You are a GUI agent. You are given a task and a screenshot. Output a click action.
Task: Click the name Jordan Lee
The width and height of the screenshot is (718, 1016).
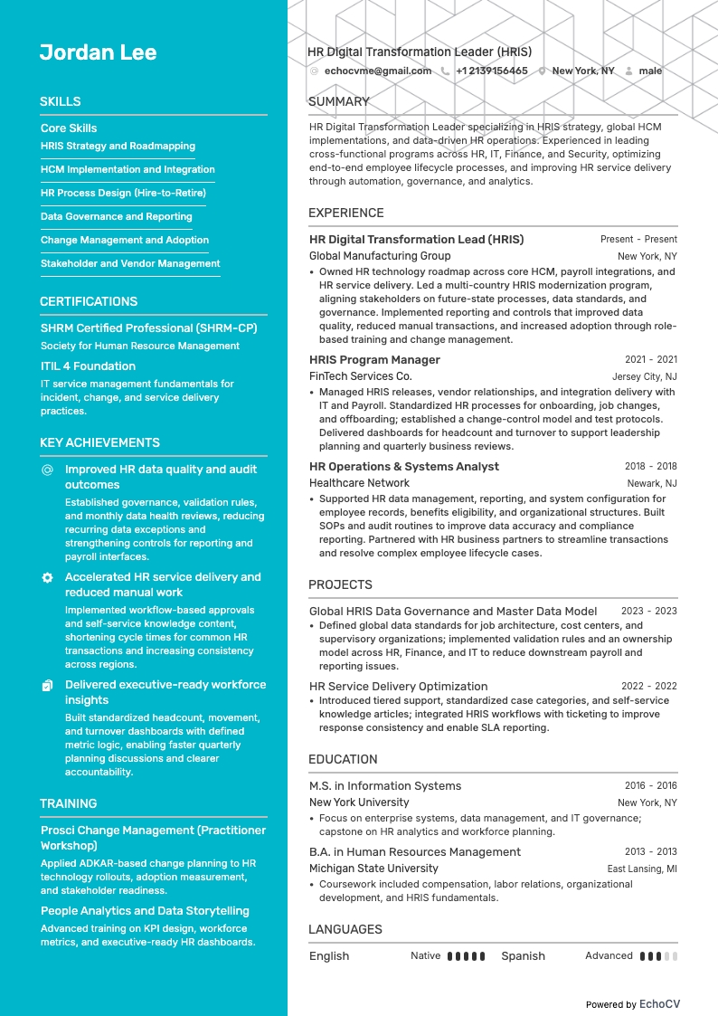tap(98, 52)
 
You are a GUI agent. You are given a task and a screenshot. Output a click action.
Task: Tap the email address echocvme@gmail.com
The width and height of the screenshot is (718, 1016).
tap(377, 71)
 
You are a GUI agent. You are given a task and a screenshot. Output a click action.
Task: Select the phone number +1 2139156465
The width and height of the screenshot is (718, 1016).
tap(491, 71)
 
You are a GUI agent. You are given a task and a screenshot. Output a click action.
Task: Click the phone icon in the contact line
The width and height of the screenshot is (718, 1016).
tap(445, 71)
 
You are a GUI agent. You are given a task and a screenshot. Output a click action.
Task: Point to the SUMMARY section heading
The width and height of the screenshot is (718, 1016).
tap(338, 101)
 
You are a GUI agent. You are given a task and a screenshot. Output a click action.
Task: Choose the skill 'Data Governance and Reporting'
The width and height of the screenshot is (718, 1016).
tap(116, 216)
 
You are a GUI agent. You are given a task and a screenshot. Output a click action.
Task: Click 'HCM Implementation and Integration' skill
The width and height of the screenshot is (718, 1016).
tap(128, 169)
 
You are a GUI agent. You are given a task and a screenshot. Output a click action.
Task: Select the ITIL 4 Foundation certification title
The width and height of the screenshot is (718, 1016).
tap(88, 366)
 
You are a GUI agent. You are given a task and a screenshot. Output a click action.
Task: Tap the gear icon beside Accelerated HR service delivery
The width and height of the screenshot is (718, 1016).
tap(47, 577)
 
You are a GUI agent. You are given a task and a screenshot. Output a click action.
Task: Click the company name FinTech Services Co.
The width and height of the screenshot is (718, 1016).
tap(360, 376)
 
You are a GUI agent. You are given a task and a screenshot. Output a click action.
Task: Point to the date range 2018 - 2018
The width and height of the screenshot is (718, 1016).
tap(650, 467)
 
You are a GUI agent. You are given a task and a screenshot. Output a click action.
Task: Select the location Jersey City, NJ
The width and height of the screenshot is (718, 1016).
tap(644, 376)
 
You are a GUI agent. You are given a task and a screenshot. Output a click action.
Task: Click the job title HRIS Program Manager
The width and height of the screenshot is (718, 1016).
tap(374, 360)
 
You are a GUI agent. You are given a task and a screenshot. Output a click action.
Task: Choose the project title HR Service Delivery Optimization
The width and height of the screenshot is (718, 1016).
tap(398, 687)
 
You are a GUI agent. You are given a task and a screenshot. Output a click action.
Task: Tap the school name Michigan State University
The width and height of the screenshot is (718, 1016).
tap(373, 869)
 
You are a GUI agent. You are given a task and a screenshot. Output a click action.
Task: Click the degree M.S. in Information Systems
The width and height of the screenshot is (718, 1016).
tap(385, 786)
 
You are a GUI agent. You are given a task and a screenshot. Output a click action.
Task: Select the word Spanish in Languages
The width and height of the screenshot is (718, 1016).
tap(523, 956)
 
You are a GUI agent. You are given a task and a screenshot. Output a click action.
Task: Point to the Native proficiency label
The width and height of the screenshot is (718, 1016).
tap(425, 955)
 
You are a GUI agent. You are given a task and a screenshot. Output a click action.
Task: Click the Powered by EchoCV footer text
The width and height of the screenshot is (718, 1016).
tap(632, 1004)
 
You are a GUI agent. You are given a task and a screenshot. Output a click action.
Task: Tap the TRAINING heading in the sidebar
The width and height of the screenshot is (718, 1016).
tap(68, 803)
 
